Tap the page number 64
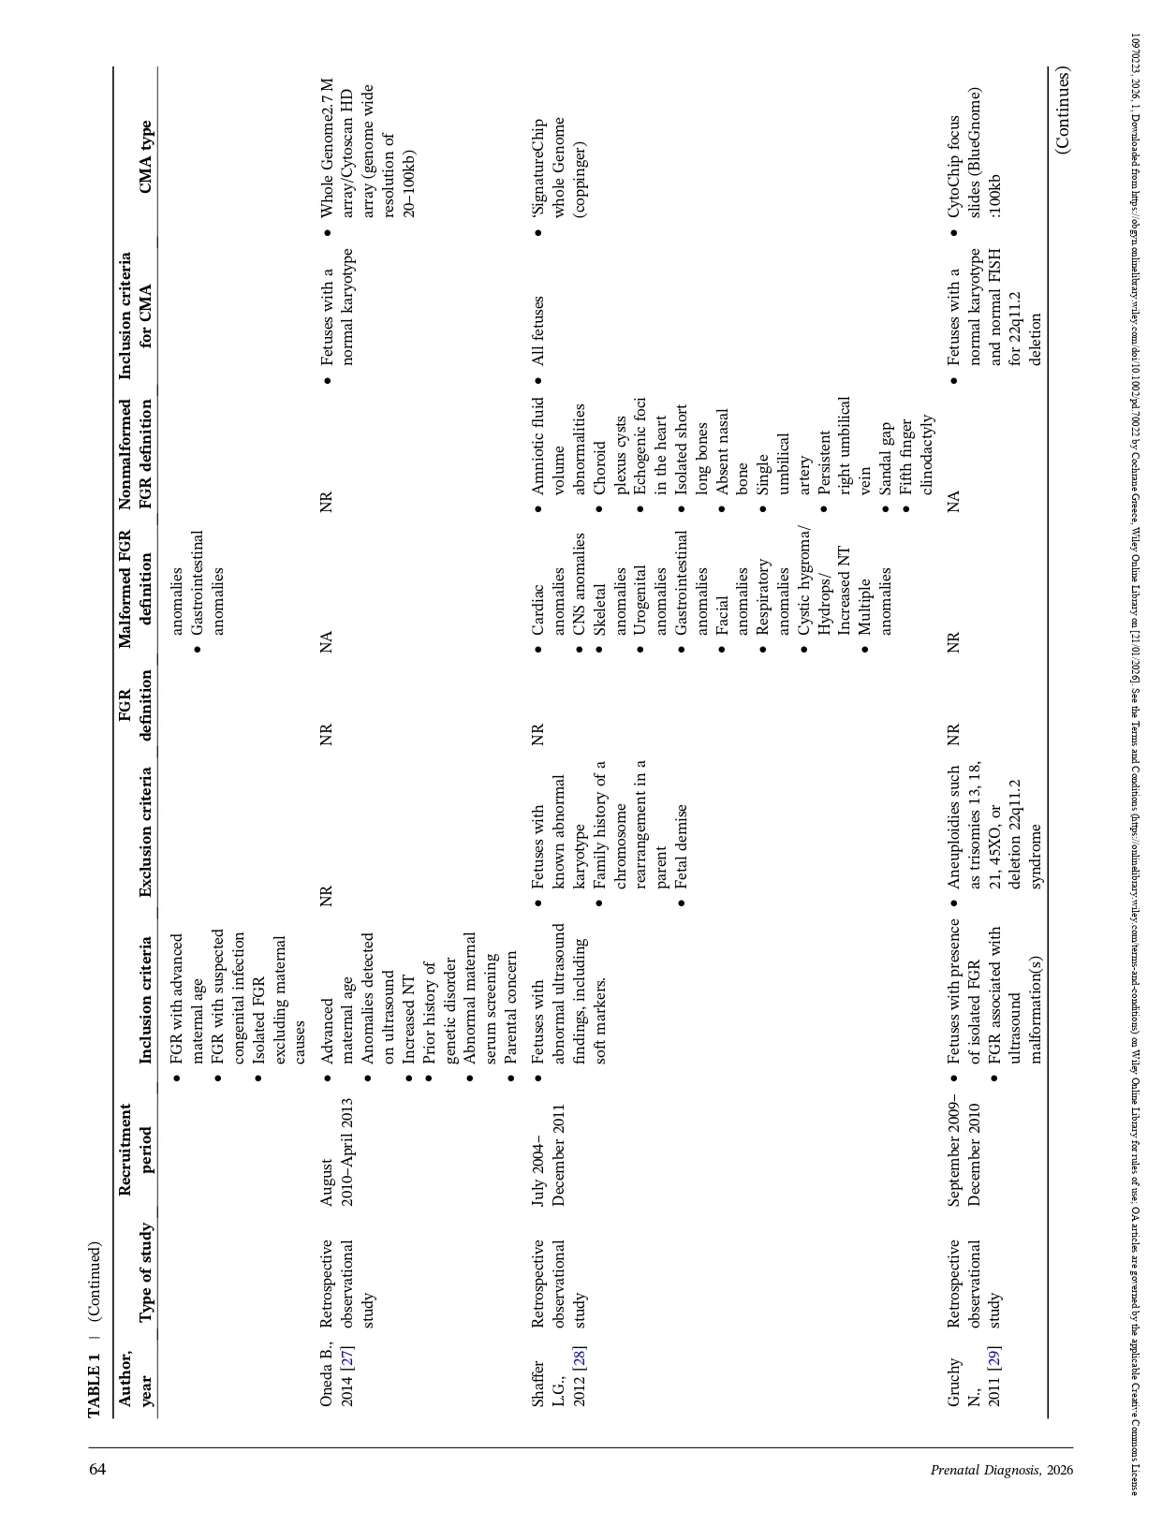97,1469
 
